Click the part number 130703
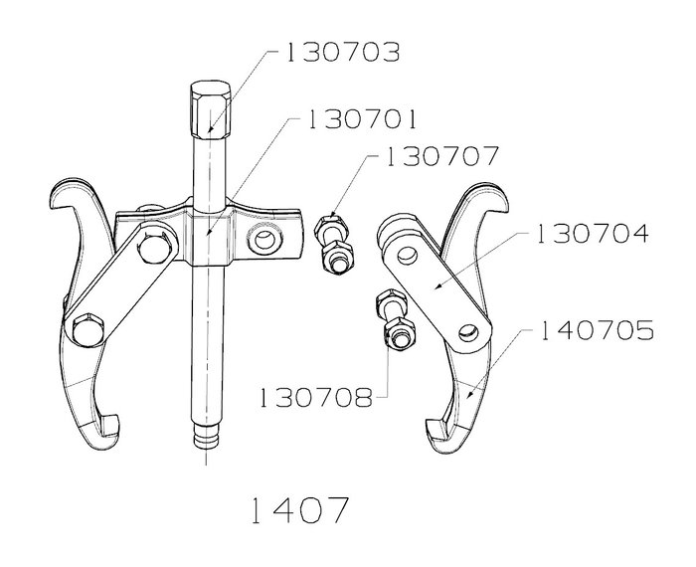[x=342, y=53]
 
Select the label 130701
[x=362, y=119]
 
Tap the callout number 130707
[x=441, y=156]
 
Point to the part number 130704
[x=593, y=234]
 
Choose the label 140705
[x=597, y=330]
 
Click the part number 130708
[x=316, y=397]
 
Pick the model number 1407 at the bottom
[x=299, y=510]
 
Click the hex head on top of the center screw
[x=211, y=109]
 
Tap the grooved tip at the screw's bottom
[x=207, y=436]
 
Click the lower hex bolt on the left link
[x=87, y=329]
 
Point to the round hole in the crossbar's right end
[x=265, y=241]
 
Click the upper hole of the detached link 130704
[x=408, y=255]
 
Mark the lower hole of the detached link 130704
[x=468, y=331]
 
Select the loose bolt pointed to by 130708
[x=397, y=319]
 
